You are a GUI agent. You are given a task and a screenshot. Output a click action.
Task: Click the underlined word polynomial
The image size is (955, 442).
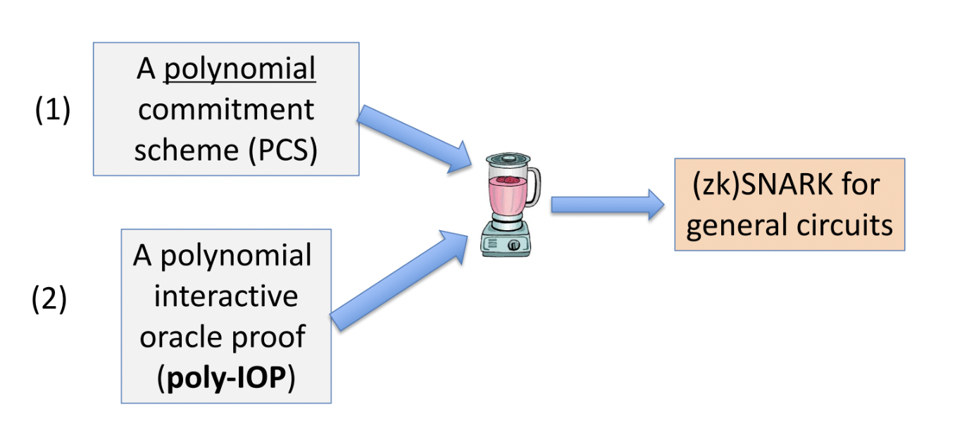(x=239, y=70)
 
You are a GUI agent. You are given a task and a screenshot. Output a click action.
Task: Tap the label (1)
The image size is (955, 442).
(x=53, y=111)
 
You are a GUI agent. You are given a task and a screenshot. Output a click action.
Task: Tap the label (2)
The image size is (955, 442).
(x=49, y=298)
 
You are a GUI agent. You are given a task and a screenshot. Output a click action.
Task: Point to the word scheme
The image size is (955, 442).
(x=187, y=151)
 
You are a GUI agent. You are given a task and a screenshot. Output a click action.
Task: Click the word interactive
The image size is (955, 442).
(x=225, y=296)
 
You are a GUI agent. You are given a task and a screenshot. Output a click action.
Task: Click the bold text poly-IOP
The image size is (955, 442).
(x=225, y=379)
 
